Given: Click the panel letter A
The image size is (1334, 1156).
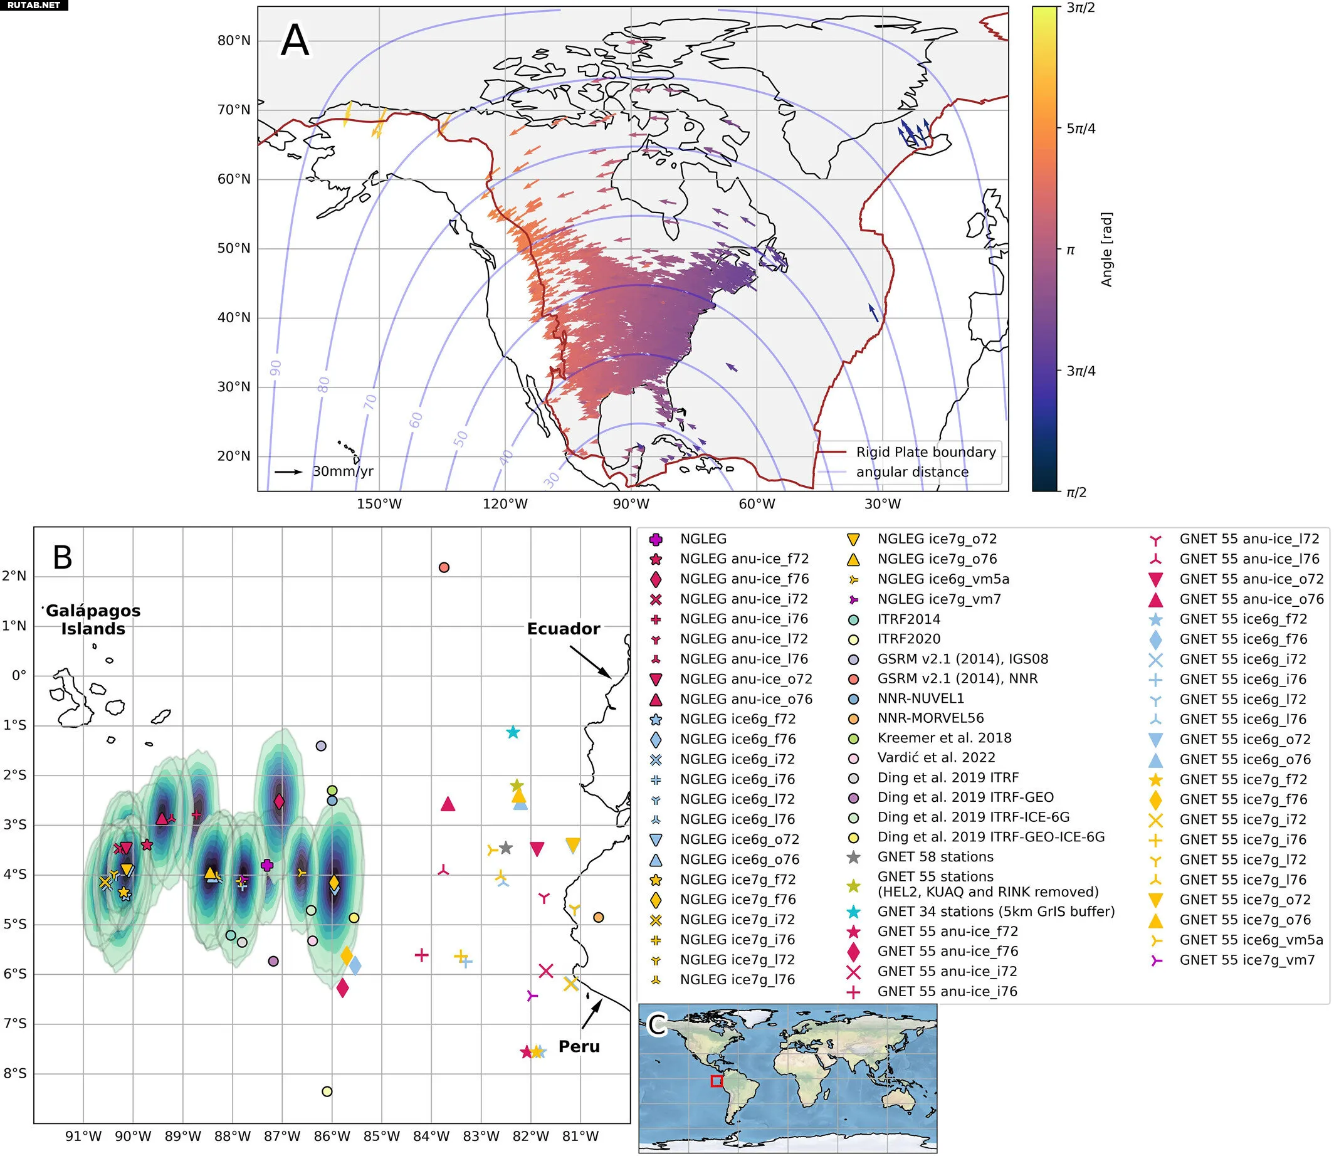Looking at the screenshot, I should coord(295,41).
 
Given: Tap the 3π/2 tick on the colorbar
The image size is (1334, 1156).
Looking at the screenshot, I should coord(1081,8).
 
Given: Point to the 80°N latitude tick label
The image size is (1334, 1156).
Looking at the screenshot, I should coord(234,41).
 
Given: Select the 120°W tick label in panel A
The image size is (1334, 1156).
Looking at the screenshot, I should coord(505,504).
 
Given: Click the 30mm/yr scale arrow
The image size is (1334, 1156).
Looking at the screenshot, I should coord(288,471).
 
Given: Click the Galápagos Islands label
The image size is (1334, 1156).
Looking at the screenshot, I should coord(93,619).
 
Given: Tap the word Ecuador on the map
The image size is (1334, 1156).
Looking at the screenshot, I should coord(563,628).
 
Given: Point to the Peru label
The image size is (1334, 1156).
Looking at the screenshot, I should coord(579,1046).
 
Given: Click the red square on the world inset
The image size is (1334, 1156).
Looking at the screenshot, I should coord(716,1081).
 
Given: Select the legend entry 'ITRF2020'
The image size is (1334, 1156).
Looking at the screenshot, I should coord(908,639).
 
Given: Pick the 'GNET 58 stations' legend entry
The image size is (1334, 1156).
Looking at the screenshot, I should coord(935,857).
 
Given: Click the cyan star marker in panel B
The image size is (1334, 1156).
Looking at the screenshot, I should coord(513,732).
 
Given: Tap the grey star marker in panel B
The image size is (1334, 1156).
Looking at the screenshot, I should coord(506,848).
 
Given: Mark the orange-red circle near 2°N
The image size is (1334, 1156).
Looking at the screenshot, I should coord(444,568).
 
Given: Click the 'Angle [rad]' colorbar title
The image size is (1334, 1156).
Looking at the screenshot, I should coord(1106,249).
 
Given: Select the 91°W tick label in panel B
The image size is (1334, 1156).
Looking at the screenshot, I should coord(83,1136).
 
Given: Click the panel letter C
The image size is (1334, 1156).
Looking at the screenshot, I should coord(658,1025).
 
